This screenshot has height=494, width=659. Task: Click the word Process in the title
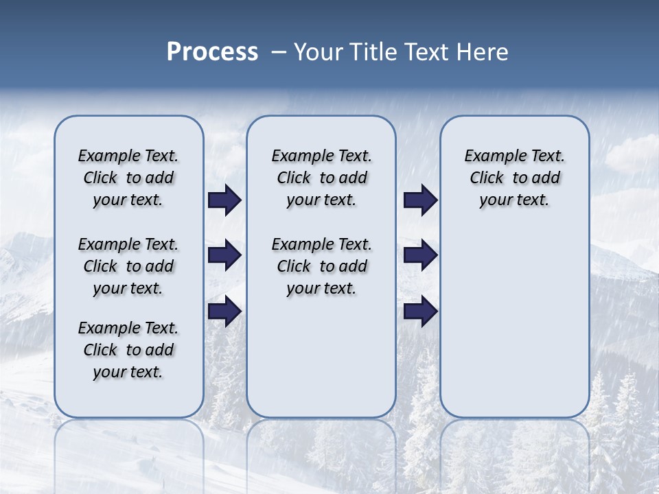(x=212, y=52)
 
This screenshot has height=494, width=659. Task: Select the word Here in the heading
(x=483, y=52)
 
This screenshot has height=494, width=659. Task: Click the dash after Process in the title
(x=279, y=53)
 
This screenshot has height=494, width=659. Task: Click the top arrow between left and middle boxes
(x=224, y=200)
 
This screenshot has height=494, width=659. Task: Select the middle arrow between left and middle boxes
(x=224, y=255)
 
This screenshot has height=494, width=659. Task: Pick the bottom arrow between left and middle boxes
(x=224, y=311)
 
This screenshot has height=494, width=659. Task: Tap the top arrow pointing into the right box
(x=420, y=200)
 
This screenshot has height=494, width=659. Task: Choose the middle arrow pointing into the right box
(x=420, y=255)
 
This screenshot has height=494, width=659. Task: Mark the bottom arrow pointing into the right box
(x=420, y=311)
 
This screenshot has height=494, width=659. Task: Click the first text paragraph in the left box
(x=128, y=178)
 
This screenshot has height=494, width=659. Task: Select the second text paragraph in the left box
(x=128, y=266)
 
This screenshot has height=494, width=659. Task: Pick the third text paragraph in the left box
(x=128, y=350)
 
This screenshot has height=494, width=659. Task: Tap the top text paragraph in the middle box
(x=321, y=178)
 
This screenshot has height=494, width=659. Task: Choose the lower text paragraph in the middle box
(x=321, y=266)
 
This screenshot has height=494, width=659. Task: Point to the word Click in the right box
(x=487, y=178)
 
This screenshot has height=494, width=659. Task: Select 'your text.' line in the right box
(x=514, y=200)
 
